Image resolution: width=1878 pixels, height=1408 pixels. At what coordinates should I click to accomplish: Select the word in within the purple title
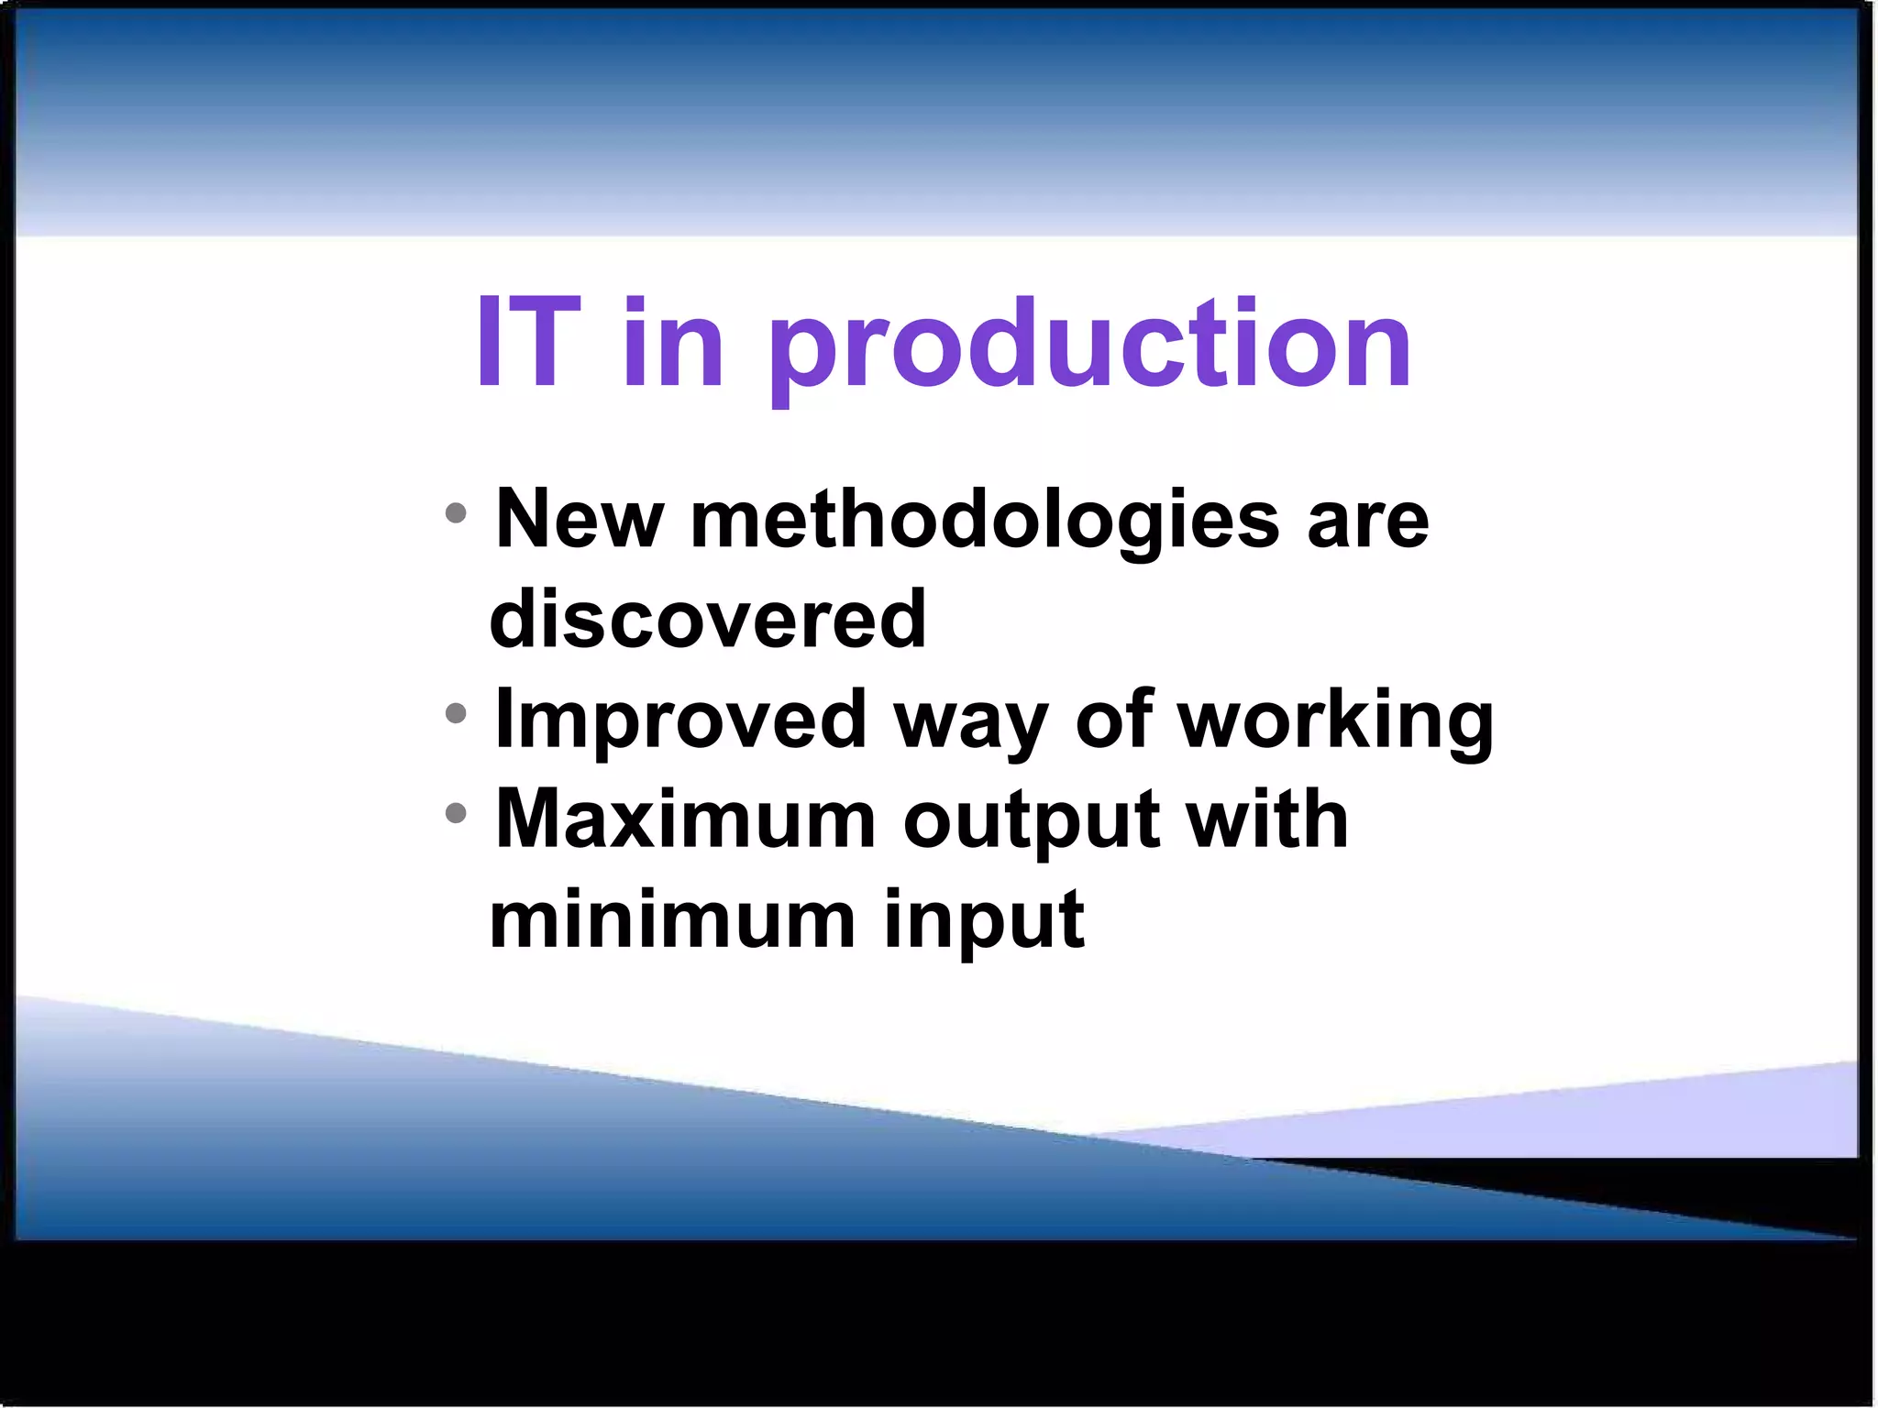tap(674, 344)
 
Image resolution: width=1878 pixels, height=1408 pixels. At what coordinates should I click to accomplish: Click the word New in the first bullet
tap(579, 520)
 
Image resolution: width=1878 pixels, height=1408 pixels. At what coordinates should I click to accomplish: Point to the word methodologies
tap(984, 522)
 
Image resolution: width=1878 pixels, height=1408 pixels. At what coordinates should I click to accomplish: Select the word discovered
tap(708, 620)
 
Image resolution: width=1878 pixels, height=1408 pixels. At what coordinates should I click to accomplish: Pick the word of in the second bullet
tap(1113, 720)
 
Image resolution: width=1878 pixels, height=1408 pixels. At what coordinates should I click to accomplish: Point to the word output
tap(1031, 822)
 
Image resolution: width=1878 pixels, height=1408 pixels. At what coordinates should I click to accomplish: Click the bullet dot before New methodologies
tap(456, 513)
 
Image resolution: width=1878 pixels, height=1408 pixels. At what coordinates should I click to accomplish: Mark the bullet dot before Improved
tap(456, 712)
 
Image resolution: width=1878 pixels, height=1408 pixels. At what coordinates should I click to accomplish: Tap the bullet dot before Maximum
tap(456, 812)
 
